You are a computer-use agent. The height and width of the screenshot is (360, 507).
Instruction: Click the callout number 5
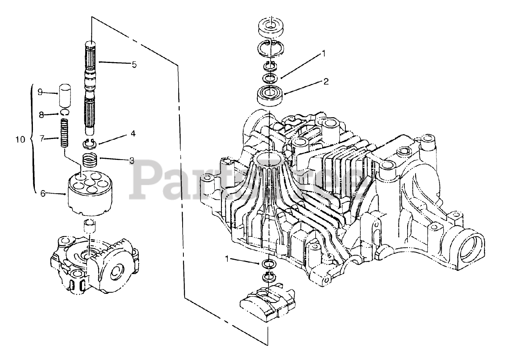point(134,64)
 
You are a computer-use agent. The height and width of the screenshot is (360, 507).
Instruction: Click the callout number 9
point(40,92)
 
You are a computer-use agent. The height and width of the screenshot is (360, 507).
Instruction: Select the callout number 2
point(326,82)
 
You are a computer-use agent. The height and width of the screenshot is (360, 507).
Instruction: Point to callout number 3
point(132,160)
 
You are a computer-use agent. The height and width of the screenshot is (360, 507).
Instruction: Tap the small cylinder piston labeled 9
point(65,95)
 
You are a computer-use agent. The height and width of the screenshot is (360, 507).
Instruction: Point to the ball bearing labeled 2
point(270,95)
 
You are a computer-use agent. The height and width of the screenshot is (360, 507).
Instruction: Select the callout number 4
point(133,134)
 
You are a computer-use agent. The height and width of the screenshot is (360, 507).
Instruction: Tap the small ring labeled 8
point(65,114)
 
